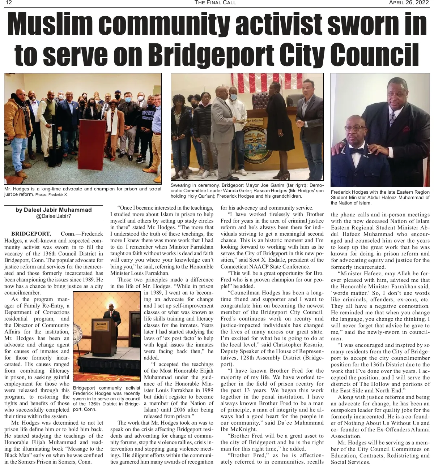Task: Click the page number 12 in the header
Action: point(8,3)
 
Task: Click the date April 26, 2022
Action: point(409,3)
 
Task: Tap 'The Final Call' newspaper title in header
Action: point(215,3)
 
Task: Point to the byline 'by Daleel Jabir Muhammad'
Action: point(54,210)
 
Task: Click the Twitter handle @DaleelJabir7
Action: point(54,216)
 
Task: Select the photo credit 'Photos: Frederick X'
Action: point(51,195)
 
